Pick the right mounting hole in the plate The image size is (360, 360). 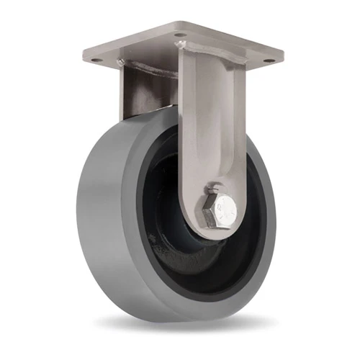click(x=268, y=60)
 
